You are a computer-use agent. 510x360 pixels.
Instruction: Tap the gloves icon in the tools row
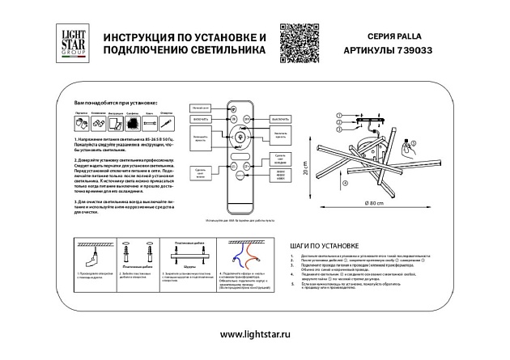[x=82, y=123]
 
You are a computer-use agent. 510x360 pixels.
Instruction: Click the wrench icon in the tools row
[x=97, y=123]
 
